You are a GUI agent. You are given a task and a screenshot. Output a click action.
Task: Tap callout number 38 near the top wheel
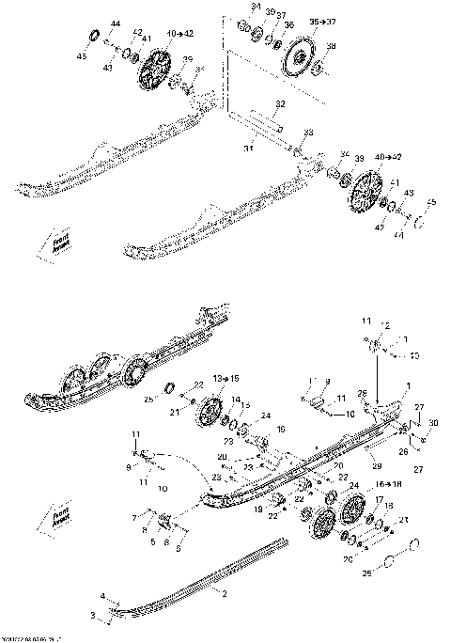pyautogui.click(x=331, y=46)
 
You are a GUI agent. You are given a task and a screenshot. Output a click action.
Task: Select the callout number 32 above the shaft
pyautogui.click(x=280, y=103)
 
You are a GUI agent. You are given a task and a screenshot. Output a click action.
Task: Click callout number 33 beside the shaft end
pyautogui.click(x=308, y=133)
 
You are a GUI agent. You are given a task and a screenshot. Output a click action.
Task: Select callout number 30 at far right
pyautogui.click(x=434, y=424)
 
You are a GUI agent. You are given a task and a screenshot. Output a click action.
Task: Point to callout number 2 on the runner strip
pyautogui.click(x=225, y=592)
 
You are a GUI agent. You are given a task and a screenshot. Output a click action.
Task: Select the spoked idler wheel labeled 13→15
pyautogui.click(x=209, y=413)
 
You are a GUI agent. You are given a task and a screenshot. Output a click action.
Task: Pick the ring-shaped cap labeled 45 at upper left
pyautogui.click(x=94, y=37)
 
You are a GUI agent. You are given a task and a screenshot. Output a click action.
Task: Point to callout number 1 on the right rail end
pyautogui.click(x=408, y=385)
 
